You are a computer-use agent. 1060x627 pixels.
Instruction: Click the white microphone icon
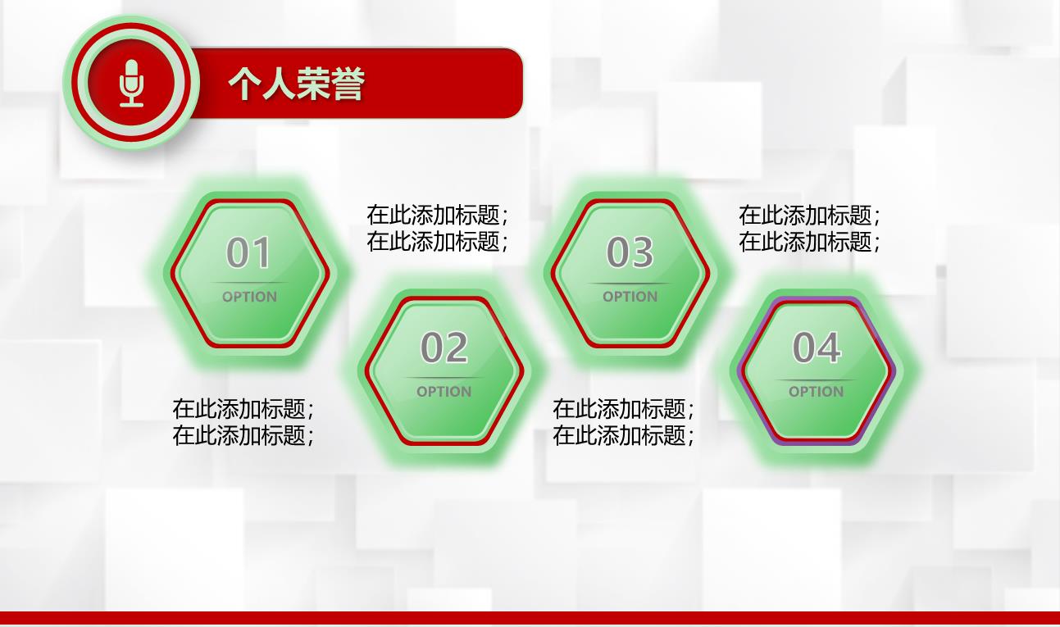point(131,83)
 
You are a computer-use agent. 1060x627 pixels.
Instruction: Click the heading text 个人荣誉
point(297,84)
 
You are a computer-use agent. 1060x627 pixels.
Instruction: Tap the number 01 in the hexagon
point(249,252)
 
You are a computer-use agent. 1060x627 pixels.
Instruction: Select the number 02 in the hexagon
point(444,347)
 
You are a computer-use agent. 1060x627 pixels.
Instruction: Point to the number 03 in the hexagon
point(630,252)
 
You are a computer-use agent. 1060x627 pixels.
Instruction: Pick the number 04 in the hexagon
point(817,347)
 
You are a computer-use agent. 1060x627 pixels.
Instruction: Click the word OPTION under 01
point(249,297)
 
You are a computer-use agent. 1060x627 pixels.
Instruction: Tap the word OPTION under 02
point(444,391)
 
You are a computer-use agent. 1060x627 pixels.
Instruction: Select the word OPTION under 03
point(630,297)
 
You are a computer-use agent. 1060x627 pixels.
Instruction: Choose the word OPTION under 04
point(816,391)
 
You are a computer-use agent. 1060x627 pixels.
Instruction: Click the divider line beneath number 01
point(249,283)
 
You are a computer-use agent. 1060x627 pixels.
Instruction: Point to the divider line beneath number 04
point(816,379)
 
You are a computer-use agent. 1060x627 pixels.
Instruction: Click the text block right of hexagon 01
point(437,228)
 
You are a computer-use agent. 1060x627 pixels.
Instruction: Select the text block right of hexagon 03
point(810,228)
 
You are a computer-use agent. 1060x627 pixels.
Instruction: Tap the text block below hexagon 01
point(243,422)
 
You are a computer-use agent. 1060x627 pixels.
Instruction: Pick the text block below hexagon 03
point(624,422)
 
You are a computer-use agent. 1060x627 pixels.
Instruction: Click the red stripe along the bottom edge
point(530,619)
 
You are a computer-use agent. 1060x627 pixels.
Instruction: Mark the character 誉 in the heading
point(348,84)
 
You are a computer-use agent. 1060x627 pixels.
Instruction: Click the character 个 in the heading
point(244,84)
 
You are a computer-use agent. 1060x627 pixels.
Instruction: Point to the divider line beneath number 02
point(444,378)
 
